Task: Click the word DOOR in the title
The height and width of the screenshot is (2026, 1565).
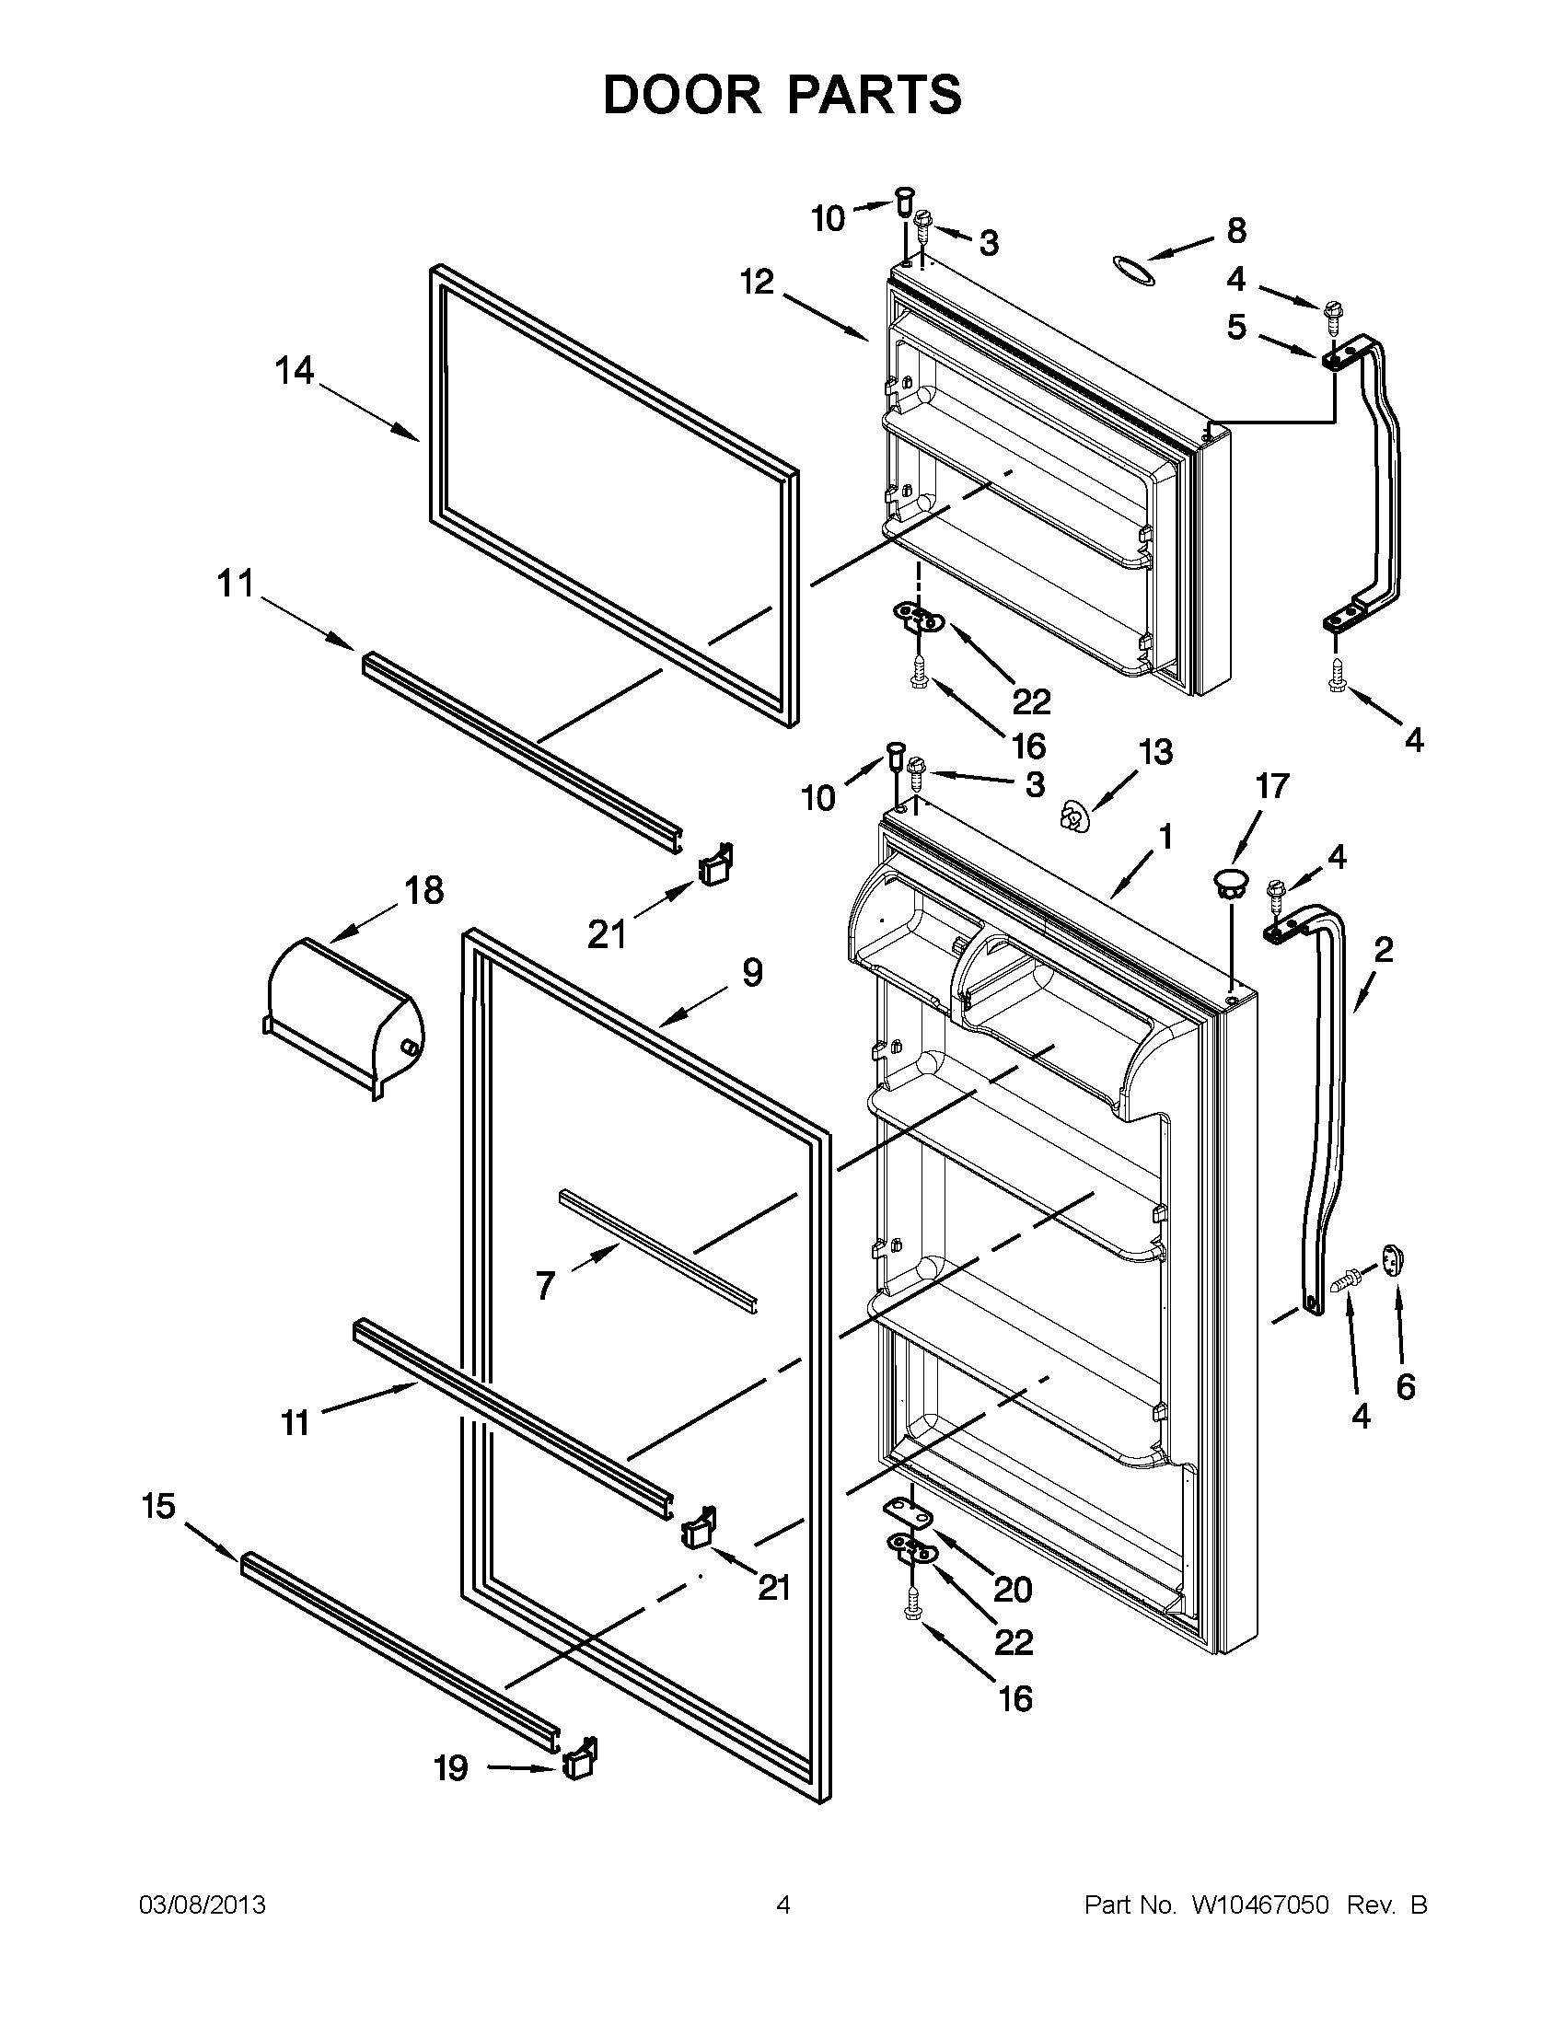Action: tap(683, 96)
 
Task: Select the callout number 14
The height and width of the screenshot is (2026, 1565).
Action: tap(294, 372)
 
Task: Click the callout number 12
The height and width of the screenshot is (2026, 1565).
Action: tap(758, 282)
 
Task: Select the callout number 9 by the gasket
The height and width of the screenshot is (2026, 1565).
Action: tap(752, 972)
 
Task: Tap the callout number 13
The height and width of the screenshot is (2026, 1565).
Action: tap(1156, 751)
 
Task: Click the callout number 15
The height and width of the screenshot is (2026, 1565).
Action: tap(158, 1507)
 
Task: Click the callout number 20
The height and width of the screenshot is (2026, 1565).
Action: tap(1012, 1589)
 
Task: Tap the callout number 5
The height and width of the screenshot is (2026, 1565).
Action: tap(1236, 328)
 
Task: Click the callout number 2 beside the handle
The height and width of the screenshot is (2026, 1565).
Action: tap(1383, 950)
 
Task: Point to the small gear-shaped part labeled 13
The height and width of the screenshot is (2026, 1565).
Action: tap(1073, 817)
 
